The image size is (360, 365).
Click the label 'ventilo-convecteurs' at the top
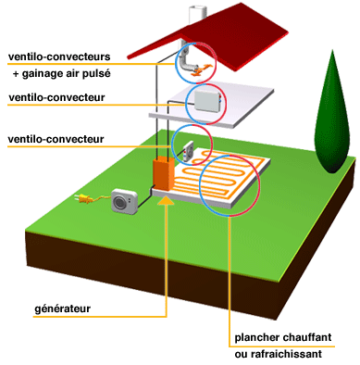click(59, 57)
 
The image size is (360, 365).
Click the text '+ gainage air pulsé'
click(61, 74)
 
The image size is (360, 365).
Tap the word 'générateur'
click(62, 308)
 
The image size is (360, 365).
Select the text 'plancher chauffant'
click(283, 337)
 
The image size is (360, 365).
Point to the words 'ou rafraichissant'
click(278, 354)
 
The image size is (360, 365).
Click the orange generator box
click(164, 174)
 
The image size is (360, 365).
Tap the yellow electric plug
click(84, 198)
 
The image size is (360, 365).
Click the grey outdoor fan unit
click(124, 201)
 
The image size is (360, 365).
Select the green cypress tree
click(332, 113)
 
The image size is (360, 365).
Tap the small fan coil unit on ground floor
click(188, 151)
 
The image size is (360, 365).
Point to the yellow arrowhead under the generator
click(167, 200)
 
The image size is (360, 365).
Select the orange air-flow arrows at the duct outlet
click(201, 69)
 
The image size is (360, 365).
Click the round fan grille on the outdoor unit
click(118, 203)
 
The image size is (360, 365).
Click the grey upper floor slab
click(211, 105)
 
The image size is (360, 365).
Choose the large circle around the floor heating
click(230, 185)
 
